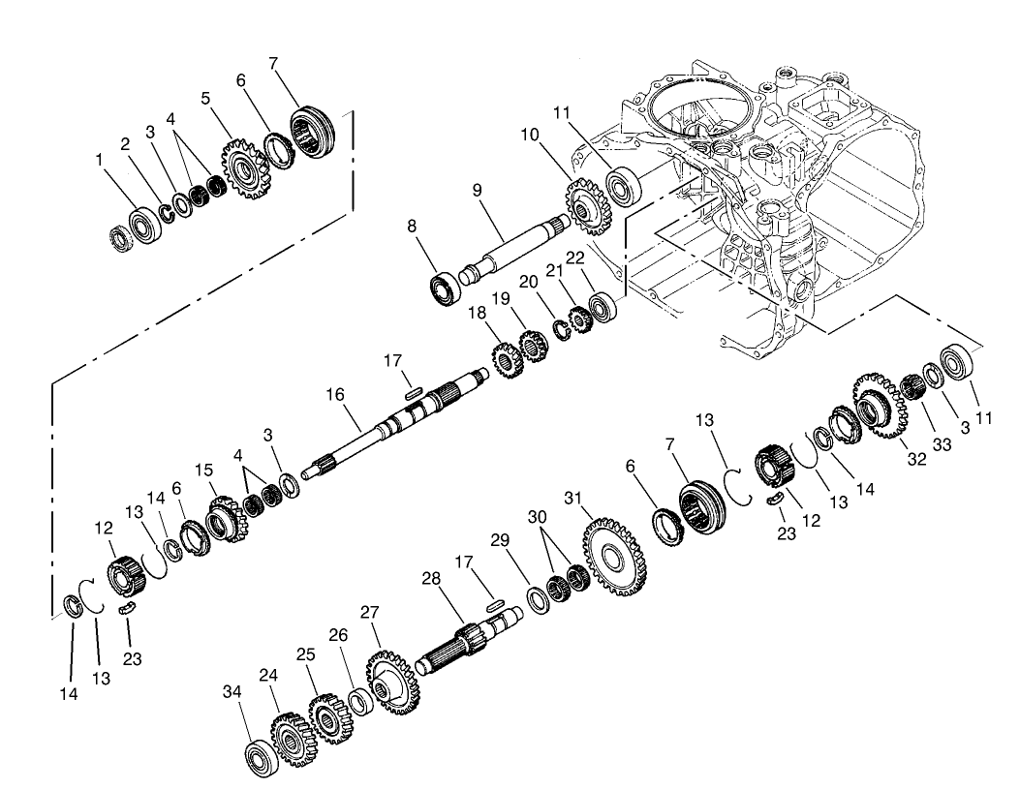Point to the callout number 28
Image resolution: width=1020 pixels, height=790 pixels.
coord(431,578)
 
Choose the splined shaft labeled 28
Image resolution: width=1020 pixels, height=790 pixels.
coord(465,646)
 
